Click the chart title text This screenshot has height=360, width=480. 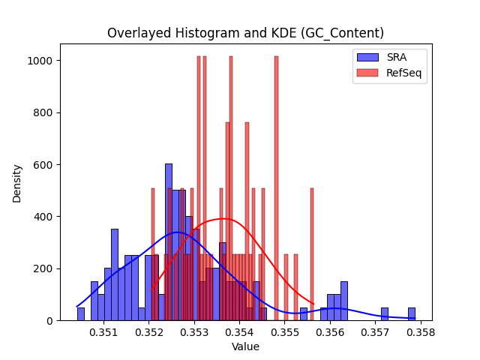[245, 33]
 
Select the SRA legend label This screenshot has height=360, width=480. [397, 57]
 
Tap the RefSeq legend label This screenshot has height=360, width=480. [403, 73]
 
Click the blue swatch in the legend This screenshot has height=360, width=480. [367, 57]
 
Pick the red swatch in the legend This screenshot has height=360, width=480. [367, 73]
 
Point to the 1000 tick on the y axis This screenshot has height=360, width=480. [40, 61]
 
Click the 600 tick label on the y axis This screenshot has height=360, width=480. [43, 165]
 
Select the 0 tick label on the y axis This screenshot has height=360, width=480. [49, 321]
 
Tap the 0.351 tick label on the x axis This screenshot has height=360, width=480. [103, 332]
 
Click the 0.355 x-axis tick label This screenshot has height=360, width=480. [285, 332]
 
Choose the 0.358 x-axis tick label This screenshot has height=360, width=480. [421, 332]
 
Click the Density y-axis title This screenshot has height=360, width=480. [16, 184]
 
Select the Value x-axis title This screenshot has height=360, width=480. [245, 346]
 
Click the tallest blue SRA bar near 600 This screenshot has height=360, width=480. [169, 242]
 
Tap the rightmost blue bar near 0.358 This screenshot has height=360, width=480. [412, 314]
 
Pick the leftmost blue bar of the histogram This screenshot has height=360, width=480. [81, 314]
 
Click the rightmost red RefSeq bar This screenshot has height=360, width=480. [312, 254]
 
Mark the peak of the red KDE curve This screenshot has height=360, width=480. [223, 218]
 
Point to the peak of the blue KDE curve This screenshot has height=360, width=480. [177, 232]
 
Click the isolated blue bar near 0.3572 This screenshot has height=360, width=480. [385, 314]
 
